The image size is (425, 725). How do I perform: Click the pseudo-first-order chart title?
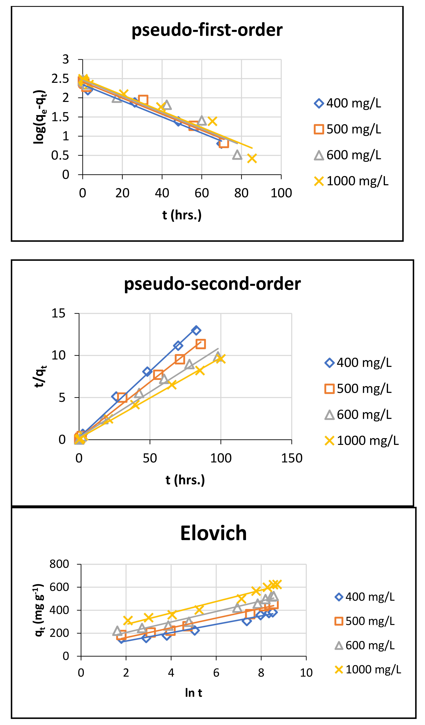point(207,30)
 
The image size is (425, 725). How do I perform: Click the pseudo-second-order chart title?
point(212,284)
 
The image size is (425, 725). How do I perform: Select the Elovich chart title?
point(213,533)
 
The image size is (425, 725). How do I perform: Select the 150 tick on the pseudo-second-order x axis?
point(292,458)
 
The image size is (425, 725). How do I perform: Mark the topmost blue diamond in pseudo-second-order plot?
point(196,330)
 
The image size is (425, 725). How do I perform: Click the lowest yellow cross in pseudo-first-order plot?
point(252,158)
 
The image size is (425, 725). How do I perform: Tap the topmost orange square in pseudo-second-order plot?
point(200,344)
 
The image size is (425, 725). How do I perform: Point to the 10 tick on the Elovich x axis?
point(306,673)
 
